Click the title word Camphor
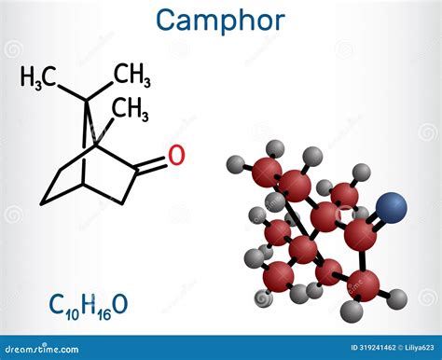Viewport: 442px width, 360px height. point(221,21)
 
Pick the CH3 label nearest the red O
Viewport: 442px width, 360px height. point(131,110)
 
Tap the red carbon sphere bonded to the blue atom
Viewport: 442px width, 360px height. point(360,234)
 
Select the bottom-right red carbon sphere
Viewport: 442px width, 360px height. point(369,279)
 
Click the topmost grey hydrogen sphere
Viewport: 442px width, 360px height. point(275,147)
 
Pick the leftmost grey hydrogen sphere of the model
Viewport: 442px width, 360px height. point(235,166)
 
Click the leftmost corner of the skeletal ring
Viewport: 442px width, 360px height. point(40,202)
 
